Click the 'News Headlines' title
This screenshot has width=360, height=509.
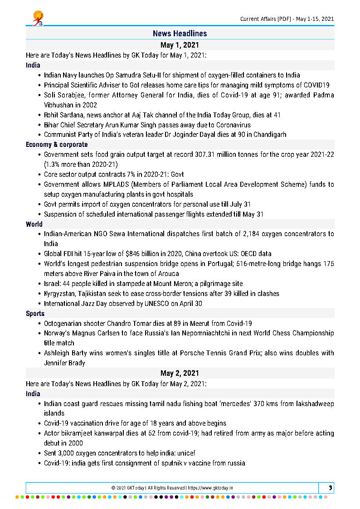[180, 34]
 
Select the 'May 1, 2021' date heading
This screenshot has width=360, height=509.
[180, 45]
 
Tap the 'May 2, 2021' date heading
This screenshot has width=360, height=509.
[180, 373]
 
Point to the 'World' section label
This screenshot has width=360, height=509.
[34, 224]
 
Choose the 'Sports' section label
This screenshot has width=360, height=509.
[35, 313]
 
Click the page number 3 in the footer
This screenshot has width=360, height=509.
[331, 488]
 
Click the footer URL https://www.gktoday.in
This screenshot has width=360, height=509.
[212, 488]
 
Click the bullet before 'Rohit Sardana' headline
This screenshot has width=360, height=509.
[39, 115]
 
